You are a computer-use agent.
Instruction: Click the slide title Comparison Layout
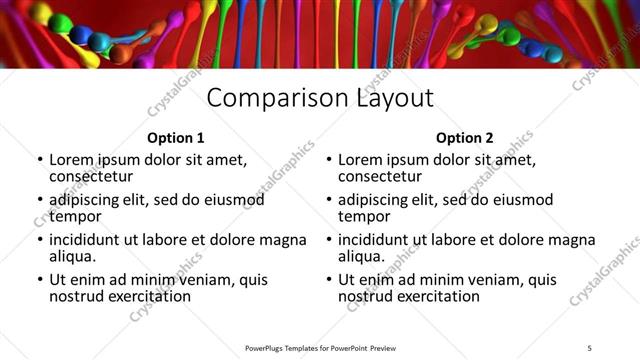click(320, 98)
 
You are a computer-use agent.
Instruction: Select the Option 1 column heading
click(176, 138)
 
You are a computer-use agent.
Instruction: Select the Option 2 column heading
click(465, 138)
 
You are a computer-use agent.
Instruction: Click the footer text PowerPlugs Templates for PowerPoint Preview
click(320, 348)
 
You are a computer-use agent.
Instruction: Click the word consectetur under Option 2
click(380, 177)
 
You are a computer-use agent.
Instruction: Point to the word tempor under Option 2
click(364, 216)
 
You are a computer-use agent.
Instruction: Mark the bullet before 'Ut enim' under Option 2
click(328, 281)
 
